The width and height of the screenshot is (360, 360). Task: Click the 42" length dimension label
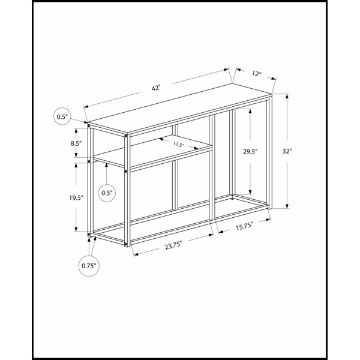155,88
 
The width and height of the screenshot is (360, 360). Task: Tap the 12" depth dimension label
257,74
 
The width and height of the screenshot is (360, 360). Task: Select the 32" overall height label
287,151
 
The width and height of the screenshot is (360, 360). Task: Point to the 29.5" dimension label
250,151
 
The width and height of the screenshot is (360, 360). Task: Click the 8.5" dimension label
76,143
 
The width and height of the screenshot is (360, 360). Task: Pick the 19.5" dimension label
76,197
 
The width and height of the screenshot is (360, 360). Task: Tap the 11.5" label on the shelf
179,145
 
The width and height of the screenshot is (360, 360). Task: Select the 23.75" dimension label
173,246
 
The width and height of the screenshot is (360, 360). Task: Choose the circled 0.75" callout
89,266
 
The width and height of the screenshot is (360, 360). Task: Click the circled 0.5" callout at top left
62,116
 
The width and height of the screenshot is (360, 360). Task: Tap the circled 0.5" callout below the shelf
107,193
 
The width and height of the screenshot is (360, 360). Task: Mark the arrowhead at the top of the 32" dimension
287,96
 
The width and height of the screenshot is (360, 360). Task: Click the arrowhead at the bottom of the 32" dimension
287,206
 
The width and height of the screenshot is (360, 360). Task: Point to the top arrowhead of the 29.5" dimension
250,111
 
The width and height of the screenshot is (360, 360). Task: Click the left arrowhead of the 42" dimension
86,106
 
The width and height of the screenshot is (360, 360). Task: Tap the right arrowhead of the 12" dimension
274,79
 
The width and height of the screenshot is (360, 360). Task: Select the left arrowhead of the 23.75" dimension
136,254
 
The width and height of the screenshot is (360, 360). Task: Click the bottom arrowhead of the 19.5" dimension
76,229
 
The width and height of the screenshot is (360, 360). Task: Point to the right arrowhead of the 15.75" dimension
268,220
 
